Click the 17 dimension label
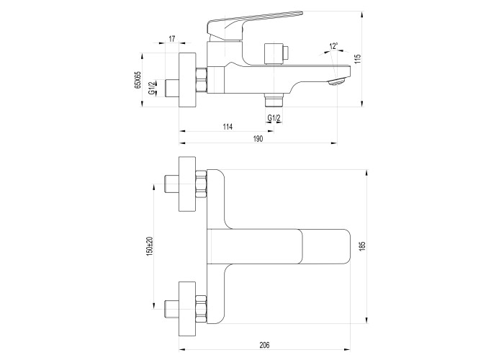click(x=172, y=38)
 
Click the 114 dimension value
click(x=227, y=127)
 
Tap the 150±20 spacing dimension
click(x=150, y=246)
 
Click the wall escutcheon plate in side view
click(x=187, y=79)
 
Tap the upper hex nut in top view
click(x=201, y=184)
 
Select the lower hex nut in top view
click(x=201, y=308)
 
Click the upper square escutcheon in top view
click(x=186, y=185)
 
